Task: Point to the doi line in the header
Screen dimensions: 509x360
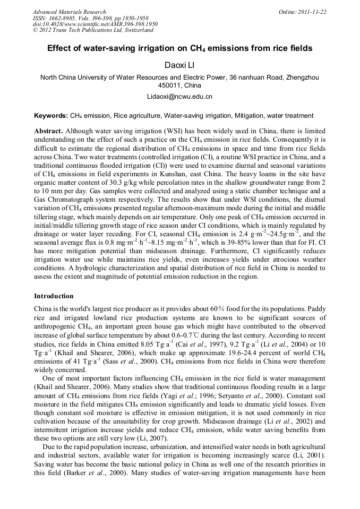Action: pos(95,24)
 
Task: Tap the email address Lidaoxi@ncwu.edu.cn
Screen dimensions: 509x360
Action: pos(179,97)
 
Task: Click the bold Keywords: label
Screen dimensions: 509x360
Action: pos(51,115)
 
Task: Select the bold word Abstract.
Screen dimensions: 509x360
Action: pos(48,131)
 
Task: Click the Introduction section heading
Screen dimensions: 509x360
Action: pos(54,296)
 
